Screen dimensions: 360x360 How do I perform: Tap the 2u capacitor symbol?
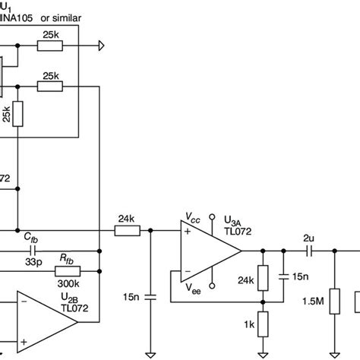[309, 248]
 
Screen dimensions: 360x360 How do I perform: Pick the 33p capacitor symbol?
[35, 248]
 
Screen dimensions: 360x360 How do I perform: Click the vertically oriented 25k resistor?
[17, 114]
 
